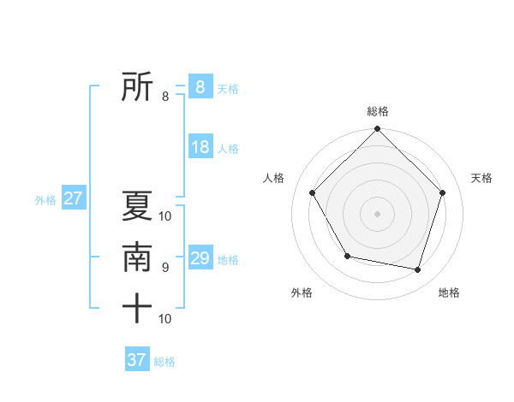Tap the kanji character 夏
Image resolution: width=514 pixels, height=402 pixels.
tap(137, 205)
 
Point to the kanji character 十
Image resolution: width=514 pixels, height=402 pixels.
tap(137, 309)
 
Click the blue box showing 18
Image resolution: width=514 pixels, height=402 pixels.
tap(200, 147)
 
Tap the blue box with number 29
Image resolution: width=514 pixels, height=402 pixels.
tap(200, 258)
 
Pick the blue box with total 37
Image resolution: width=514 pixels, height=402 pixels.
tap(137, 360)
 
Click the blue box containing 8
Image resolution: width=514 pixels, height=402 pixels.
tap(200, 87)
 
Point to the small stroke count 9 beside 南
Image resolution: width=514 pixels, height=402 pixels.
tap(165, 268)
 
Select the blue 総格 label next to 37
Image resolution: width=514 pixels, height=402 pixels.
tap(164, 362)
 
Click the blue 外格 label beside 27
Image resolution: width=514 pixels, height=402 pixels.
tap(45, 200)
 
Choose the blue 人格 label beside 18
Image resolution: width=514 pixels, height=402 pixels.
tap(228, 149)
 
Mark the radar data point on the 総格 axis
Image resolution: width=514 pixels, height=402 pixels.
tap(377, 129)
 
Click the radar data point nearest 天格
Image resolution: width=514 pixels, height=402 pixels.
tap(443, 192)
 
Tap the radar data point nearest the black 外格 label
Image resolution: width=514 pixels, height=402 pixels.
tap(347, 256)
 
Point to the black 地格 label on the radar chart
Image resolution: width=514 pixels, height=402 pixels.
tap(449, 293)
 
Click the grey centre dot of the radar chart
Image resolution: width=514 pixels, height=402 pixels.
tap(377, 213)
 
